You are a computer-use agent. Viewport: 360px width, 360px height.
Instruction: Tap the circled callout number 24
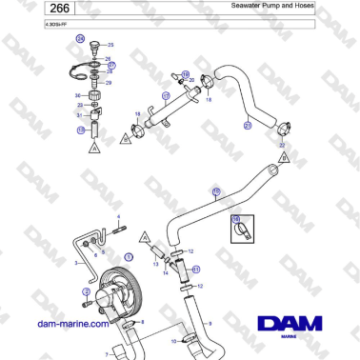[81, 41]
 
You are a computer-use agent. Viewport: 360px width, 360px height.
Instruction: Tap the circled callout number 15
[215, 190]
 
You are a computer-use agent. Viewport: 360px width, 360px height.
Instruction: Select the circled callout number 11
[196, 270]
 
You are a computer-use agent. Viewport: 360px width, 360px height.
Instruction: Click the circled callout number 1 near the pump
[129, 257]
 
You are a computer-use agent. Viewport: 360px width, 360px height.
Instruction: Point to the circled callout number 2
[85, 291]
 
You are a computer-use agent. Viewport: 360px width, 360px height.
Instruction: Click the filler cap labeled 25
[94, 46]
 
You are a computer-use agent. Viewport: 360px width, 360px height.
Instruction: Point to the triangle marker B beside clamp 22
[281, 152]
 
